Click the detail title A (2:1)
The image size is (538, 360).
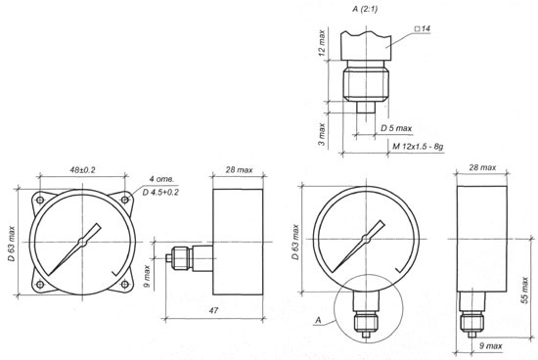365,9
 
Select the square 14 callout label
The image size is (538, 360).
423,28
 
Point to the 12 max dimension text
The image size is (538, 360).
322,43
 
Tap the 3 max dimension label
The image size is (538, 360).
322,134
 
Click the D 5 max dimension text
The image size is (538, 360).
396,128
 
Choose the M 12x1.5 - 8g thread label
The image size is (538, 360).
418,147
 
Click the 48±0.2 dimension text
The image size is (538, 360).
82,170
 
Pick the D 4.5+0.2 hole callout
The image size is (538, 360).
160,192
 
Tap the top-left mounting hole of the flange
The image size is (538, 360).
40,200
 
